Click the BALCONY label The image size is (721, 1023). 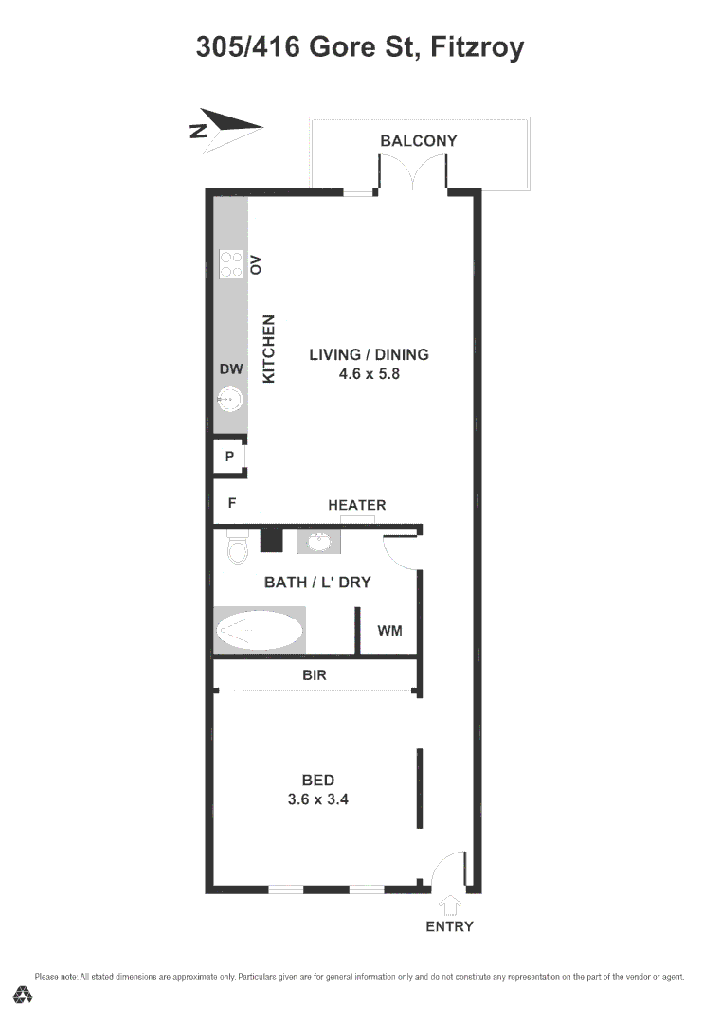tap(418, 141)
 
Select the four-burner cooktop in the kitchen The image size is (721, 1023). tap(231, 263)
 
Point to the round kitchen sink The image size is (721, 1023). tap(229, 403)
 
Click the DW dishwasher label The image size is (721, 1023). tap(231, 369)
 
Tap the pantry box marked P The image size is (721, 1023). tap(229, 457)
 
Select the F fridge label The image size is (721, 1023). tap(231, 504)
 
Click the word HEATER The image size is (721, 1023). tap(357, 505)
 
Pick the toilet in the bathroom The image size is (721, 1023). tap(237, 547)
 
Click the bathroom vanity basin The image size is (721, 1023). tap(316, 542)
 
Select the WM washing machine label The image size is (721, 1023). tap(389, 630)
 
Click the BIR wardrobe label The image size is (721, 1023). tap(315, 675)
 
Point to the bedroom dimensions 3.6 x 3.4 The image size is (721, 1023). tap(318, 799)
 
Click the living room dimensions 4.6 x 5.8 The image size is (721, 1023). tap(370, 373)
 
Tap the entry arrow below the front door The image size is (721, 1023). tap(450, 905)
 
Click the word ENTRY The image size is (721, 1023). tap(449, 926)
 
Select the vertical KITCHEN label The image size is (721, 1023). tap(268, 349)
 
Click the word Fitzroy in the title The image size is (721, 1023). tap(477, 46)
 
